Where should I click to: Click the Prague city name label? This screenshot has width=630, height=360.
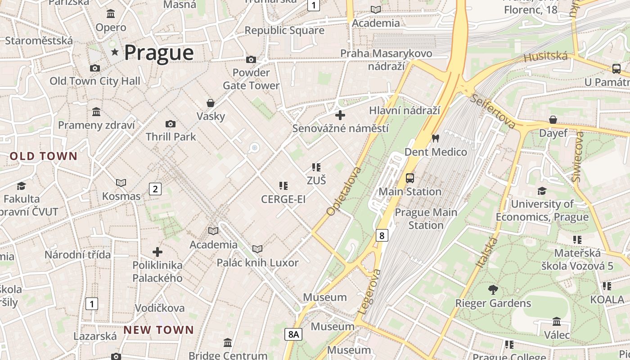coord(159,53)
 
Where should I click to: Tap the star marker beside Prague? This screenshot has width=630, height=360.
coord(115,52)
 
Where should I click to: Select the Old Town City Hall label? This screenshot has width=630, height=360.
coord(94,81)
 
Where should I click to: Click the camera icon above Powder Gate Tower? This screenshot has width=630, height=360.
coord(251,59)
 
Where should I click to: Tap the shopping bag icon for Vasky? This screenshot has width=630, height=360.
coord(210,103)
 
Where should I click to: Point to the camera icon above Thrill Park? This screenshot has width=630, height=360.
coord(171,124)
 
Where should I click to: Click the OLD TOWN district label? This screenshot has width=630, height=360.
coord(44,157)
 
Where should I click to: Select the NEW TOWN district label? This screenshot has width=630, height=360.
coord(158,330)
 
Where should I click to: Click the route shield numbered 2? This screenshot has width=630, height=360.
coord(155,189)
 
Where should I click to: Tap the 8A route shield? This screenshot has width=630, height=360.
coord(293,334)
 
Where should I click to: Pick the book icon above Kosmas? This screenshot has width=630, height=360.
coord(121,183)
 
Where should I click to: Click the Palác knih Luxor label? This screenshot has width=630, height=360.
coord(257,263)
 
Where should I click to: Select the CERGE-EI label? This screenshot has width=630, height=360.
coord(283,199)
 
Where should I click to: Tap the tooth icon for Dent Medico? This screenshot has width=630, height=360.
coord(435,138)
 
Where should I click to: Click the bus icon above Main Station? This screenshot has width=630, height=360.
coord(409,178)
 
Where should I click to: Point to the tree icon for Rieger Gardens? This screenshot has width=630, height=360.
coord(493,289)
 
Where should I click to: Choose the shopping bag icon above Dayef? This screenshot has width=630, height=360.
coord(553,120)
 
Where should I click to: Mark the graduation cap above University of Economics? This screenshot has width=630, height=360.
coord(542,191)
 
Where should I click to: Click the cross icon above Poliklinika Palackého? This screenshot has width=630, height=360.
coord(157,252)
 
